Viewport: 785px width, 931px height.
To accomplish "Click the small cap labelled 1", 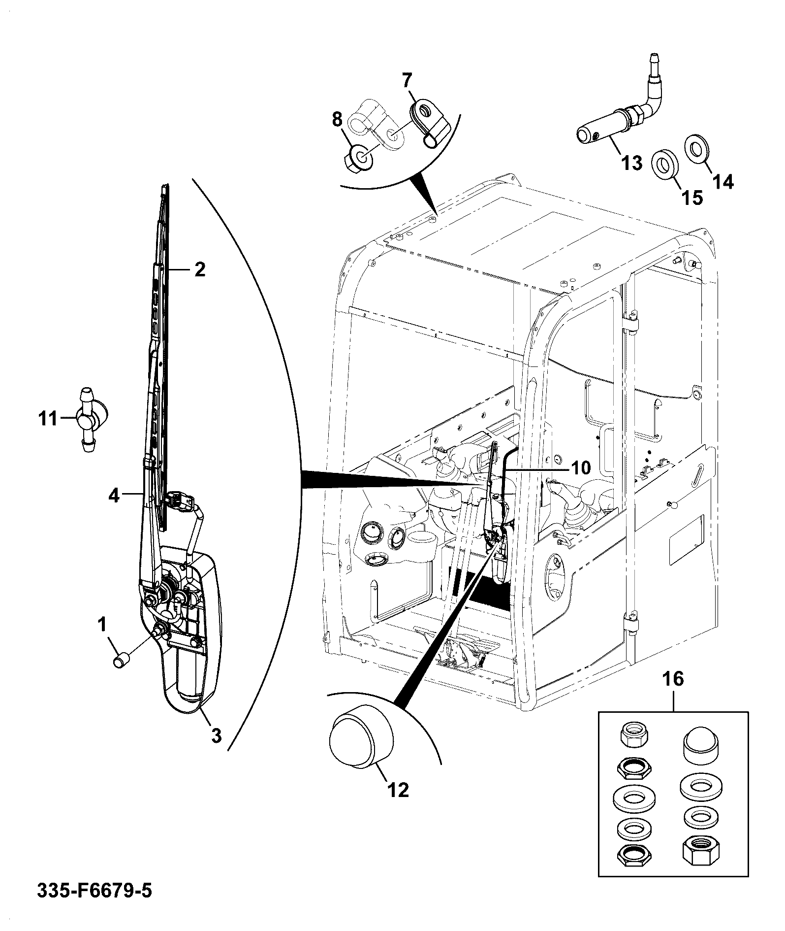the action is pos(121,660).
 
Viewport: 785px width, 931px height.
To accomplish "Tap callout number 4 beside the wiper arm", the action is pos(114,495).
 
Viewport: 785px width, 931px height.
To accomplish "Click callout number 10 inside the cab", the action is pos(581,467).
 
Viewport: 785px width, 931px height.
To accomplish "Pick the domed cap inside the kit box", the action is pos(700,746).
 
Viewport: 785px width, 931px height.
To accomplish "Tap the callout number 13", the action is pos(632,163).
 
